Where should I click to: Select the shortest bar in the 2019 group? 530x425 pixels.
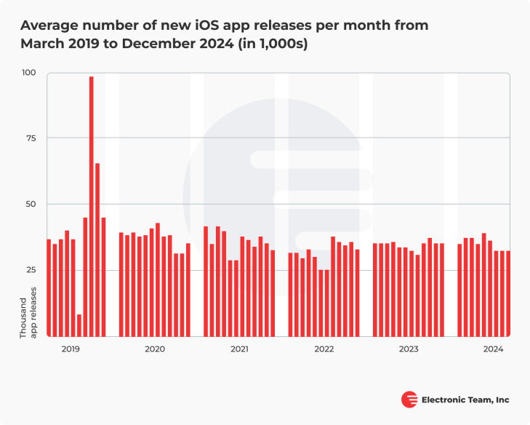(x=79, y=325)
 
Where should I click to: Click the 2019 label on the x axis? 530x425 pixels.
(x=71, y=349)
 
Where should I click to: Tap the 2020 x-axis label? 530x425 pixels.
(x=155, y=349)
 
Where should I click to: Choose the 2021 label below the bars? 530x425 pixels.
(x=240, y=349)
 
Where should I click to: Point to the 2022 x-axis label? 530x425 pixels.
(x=324, y=349)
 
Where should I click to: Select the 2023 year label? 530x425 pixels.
(x=409, y=349)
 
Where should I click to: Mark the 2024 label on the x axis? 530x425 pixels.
(x=493, y=349)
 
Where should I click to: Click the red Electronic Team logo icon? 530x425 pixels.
(x=409, y=400)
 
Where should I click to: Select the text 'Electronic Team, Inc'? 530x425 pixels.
(x=466, y=400)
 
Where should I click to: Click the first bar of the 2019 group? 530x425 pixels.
(x=49, y=287)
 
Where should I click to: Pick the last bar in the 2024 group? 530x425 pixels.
(x=508, y=293)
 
